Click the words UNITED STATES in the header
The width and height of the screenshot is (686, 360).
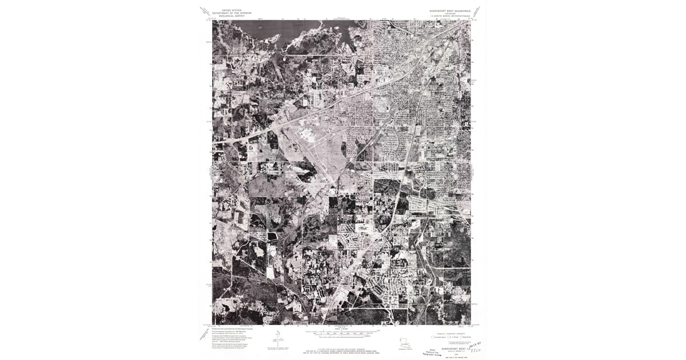coord(226,10)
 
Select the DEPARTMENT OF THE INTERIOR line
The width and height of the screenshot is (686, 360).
coord(226,13)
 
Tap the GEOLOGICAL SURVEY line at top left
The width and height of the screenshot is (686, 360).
coord(226,15)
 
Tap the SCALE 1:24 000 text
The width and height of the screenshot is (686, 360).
coord(342,329)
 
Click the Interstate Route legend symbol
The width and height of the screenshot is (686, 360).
coord(434,337)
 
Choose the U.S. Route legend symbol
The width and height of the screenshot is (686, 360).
coord(449,337)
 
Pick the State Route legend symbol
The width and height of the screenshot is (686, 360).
coord(461,337)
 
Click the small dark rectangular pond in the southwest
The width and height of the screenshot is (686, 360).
coord(273,235)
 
